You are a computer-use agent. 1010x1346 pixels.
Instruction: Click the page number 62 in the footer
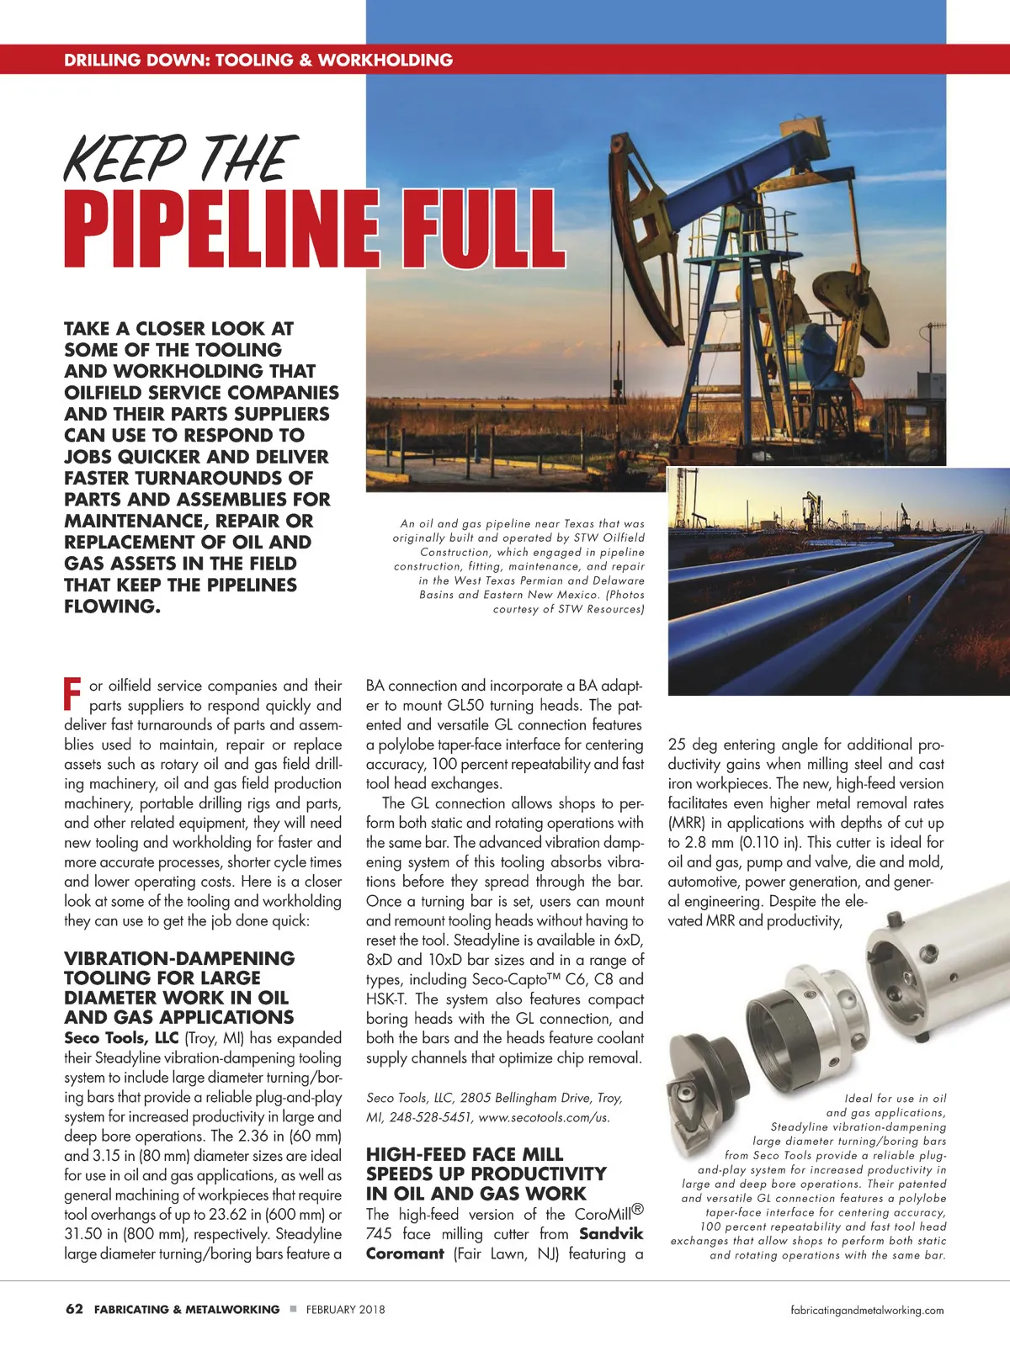point(74,1309)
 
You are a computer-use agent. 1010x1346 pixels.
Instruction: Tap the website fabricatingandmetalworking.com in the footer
point(867,1310)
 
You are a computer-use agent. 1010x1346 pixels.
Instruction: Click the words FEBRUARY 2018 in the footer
point(345,1310)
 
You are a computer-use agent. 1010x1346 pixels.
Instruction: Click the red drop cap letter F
point(72,691)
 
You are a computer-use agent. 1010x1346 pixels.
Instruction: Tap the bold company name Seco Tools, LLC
point(121,1038)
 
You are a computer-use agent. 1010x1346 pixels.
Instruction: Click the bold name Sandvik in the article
point(611,1234)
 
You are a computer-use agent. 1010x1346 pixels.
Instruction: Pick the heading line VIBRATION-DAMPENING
point(179,958)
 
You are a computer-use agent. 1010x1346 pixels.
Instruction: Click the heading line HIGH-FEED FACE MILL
point(465,1154)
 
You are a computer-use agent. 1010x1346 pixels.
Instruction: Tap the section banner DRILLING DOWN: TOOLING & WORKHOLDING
point(258,60)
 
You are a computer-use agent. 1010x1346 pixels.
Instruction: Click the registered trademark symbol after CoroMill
point(638,1210)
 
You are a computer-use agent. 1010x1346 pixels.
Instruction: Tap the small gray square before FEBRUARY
point(293,1309)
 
